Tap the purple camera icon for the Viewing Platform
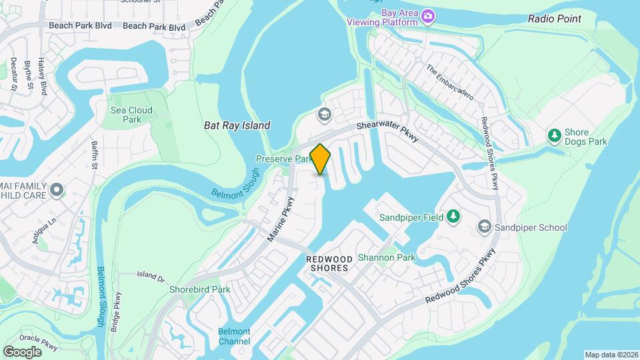(x=428, y=15)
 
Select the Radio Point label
(x=554, y=19)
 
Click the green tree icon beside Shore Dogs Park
(x=553, y=136)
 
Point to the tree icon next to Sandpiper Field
(x=453, y=217)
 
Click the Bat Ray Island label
(x=237, y=125)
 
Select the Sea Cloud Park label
(x=131, y=115)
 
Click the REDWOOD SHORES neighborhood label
(x=327, y=263)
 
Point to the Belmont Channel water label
(x=234, y=337)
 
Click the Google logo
(x=22, y=351)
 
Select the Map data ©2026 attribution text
(x=611, y=355)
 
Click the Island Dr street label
(x=150, y=275)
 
